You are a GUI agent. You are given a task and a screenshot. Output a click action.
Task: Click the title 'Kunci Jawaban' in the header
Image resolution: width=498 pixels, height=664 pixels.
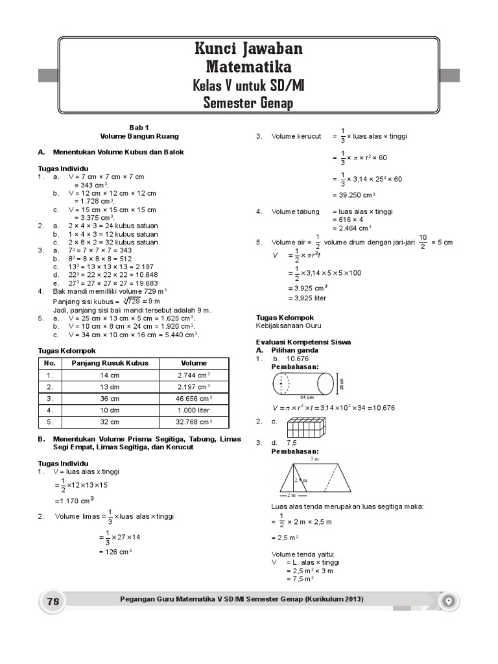(x=248, y=49)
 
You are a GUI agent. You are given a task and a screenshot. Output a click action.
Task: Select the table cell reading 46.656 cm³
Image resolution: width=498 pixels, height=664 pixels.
(x=194, y=398)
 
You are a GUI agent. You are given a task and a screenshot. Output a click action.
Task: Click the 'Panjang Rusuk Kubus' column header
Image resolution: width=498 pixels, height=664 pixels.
(x=110, y=363)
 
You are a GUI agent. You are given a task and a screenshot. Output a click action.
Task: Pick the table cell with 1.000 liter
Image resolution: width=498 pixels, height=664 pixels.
(x=194, y=410)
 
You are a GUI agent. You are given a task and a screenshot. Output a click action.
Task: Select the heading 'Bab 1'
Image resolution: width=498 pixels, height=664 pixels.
(x=139, y=128)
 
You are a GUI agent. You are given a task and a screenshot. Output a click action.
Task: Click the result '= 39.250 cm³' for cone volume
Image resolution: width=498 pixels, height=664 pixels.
(x=354, y=195)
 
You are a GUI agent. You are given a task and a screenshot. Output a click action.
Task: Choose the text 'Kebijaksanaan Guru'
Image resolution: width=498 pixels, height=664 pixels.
(x=289, y=326)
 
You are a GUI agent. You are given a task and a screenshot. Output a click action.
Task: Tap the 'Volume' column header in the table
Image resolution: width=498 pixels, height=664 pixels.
(x=194, y=363)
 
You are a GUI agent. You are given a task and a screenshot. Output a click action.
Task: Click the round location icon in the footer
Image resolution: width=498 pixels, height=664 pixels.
(x=449, y=601)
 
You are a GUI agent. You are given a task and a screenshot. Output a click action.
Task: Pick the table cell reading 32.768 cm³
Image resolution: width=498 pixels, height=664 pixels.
(x=194, y=422)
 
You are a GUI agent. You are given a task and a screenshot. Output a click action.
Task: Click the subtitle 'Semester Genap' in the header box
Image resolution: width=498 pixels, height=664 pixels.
(x=248, y=103)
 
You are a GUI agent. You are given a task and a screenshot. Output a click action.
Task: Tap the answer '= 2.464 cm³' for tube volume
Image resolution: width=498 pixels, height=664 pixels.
(x=351, y=228)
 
